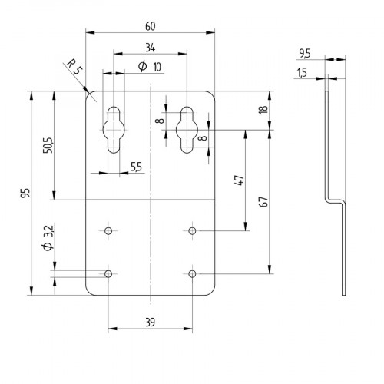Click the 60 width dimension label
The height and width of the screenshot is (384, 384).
tap(148, 25)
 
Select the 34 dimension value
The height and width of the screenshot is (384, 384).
tap(148, 46)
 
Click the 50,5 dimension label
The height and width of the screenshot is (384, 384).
tap(46, 144)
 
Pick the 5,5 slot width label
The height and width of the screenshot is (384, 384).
tap(135, 166)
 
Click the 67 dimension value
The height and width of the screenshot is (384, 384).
tap(263, 201)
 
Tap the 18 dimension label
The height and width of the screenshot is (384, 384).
tap(263, 110)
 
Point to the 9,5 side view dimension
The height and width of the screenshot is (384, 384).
tap(304, 52)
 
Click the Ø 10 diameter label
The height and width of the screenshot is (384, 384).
tap(149, 67)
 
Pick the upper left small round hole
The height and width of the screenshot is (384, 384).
tap(108, 230)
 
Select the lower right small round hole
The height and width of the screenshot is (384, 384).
tap(192, 273)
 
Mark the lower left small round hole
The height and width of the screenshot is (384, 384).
tap(108, 273)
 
